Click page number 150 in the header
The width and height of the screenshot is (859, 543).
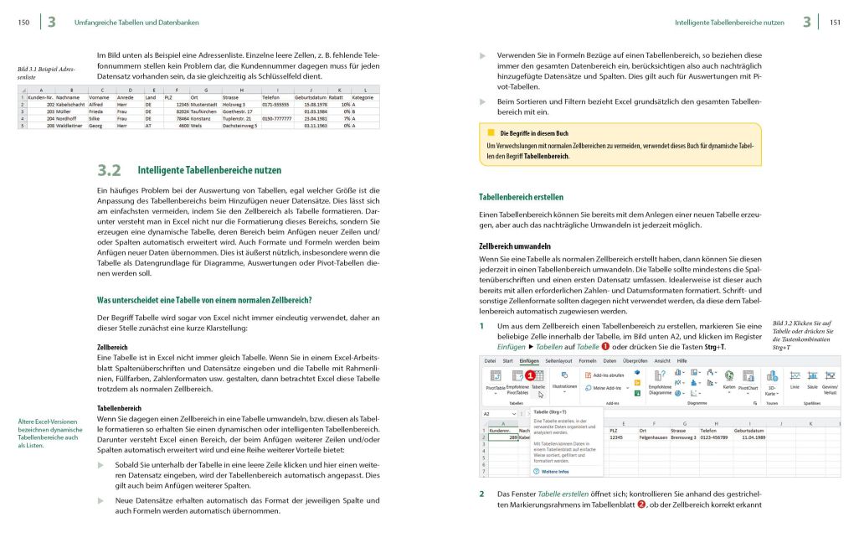[x=23, y=23]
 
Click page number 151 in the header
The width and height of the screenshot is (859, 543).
[x=835, y=23]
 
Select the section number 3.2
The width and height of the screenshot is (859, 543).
[x=111, y=170]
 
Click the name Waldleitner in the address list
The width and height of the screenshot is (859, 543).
[x=73, y=126]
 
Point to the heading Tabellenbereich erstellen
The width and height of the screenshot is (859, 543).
[x=521, y=198]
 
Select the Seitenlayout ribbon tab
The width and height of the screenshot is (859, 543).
[x=558, y=360]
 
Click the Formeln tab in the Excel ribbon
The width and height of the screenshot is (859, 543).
[x=588, y=360]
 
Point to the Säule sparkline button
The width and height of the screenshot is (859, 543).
[x=812, y=386]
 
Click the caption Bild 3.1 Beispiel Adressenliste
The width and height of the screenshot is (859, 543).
[x=40, y=73]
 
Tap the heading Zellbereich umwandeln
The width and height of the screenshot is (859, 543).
[x=514, y=246]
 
